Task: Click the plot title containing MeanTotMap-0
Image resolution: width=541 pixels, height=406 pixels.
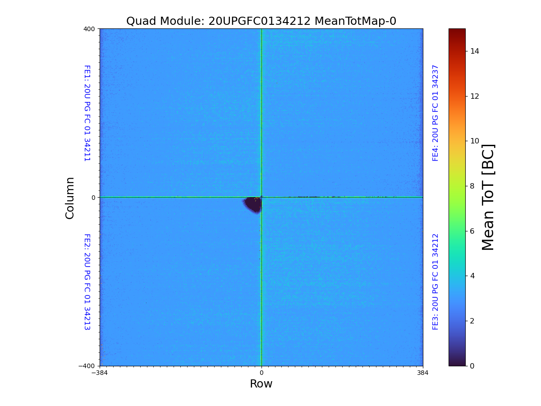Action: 261,21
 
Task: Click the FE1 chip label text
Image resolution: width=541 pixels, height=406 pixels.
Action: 87,113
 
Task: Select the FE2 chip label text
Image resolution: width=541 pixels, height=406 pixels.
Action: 87,281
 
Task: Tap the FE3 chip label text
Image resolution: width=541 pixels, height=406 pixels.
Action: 436,281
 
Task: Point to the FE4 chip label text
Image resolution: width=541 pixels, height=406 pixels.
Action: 436,113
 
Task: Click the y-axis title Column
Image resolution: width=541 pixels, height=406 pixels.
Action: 70,198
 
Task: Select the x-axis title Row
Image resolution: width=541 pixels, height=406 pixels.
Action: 261,384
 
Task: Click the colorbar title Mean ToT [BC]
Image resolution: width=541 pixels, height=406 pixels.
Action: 488,197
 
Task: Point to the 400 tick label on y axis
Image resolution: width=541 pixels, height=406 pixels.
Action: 89,29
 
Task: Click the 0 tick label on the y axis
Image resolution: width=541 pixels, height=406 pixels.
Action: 93,198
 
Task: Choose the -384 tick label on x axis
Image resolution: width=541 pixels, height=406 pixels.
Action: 100,373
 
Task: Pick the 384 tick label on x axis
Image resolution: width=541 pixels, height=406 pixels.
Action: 423,373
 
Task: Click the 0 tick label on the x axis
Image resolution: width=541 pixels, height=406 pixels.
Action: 261,373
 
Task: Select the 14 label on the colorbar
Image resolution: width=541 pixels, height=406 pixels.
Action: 475,51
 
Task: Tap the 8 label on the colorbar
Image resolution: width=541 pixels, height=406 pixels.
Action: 472,186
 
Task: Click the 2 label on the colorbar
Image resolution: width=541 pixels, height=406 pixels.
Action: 472,321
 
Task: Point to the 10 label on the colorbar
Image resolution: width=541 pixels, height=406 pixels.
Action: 475,141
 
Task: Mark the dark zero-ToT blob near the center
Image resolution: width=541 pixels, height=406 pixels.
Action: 253,205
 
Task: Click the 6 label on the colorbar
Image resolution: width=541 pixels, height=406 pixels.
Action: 472,231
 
